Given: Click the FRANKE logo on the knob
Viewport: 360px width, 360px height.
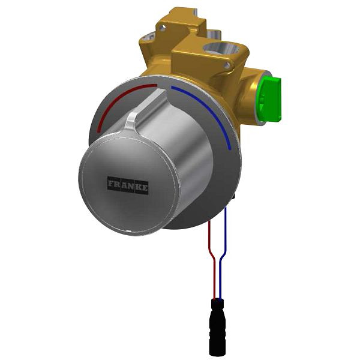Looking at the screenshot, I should coord(128,184).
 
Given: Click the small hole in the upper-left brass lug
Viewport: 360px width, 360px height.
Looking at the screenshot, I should coord(149,37).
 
